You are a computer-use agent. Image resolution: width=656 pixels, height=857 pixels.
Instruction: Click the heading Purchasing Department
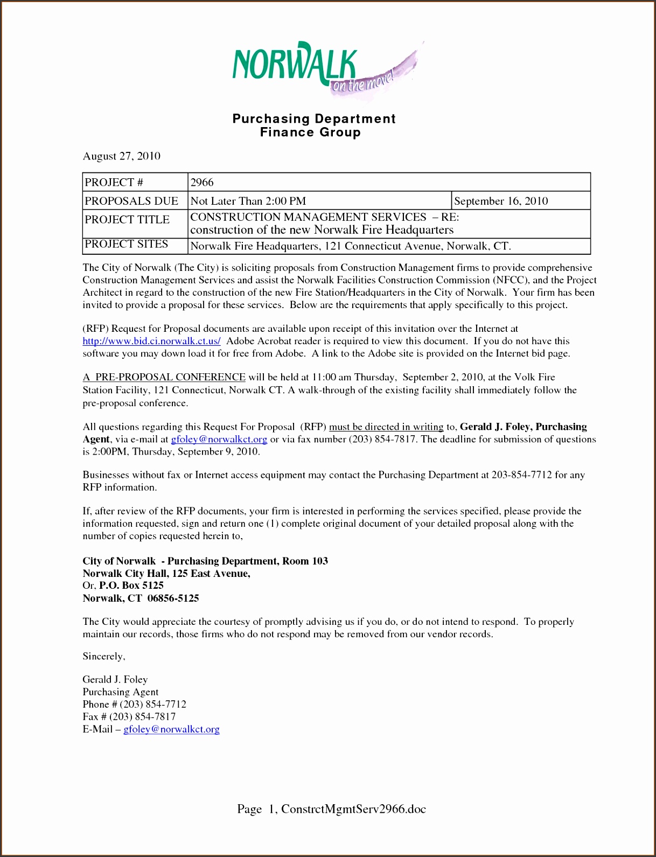point(314,119)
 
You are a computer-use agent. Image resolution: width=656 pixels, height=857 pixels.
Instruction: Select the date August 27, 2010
point(121,156)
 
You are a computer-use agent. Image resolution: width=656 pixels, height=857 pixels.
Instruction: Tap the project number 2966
point(202,182)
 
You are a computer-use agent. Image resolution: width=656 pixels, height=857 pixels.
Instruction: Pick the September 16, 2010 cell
point(501,201)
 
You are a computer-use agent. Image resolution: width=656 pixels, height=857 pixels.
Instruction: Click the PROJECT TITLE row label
point(127,220)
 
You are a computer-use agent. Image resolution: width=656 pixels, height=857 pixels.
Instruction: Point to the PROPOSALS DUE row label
point(131,201)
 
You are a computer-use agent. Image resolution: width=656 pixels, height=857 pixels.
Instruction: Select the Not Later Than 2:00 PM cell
point(248,201)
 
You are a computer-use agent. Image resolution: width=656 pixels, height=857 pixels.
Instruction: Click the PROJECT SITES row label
point(127,245)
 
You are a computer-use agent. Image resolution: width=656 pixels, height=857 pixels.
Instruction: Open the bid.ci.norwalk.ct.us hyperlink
point(151,341)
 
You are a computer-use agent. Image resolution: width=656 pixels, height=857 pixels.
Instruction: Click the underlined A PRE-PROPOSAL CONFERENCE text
point(164,377)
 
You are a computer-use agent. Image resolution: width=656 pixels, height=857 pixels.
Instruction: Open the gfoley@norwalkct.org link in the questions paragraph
point(219,439)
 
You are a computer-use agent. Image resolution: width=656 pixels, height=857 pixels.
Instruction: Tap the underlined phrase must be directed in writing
point(386,427)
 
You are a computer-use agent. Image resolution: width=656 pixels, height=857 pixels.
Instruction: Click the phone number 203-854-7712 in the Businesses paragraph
point(521,475)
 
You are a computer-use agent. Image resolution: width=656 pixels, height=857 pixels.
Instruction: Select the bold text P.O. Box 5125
point(131,586)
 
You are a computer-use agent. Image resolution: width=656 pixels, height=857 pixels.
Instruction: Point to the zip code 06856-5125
point(173,598)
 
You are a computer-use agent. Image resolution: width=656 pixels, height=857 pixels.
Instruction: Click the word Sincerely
point(103,656)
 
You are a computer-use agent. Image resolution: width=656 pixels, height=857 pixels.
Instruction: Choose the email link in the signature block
point(171,729)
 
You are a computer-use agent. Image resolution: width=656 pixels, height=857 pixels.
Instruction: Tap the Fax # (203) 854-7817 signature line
point(129,716)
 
